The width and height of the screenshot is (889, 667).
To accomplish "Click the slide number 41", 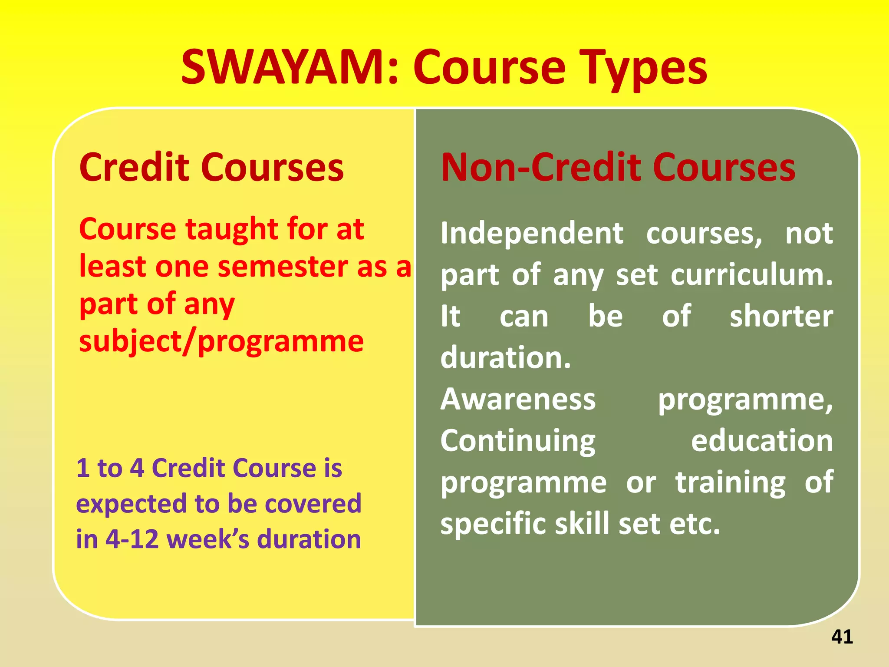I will click(x=842, y=637).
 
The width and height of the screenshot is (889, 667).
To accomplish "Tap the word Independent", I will click(x=532, y=234).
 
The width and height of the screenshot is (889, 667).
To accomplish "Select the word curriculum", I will click(x=751, y=275).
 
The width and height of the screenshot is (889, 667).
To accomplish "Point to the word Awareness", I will click(x=518, y=399).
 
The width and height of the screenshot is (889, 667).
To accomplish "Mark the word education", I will click(x=762, y=441).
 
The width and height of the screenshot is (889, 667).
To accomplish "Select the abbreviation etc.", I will click(x=695, y=524).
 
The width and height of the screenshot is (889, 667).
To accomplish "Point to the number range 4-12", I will click(x=132, y=539).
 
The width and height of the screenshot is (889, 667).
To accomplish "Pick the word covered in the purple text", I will click(x=313, y=504).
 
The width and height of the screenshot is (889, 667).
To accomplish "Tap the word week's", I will click(x=208, y=539).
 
